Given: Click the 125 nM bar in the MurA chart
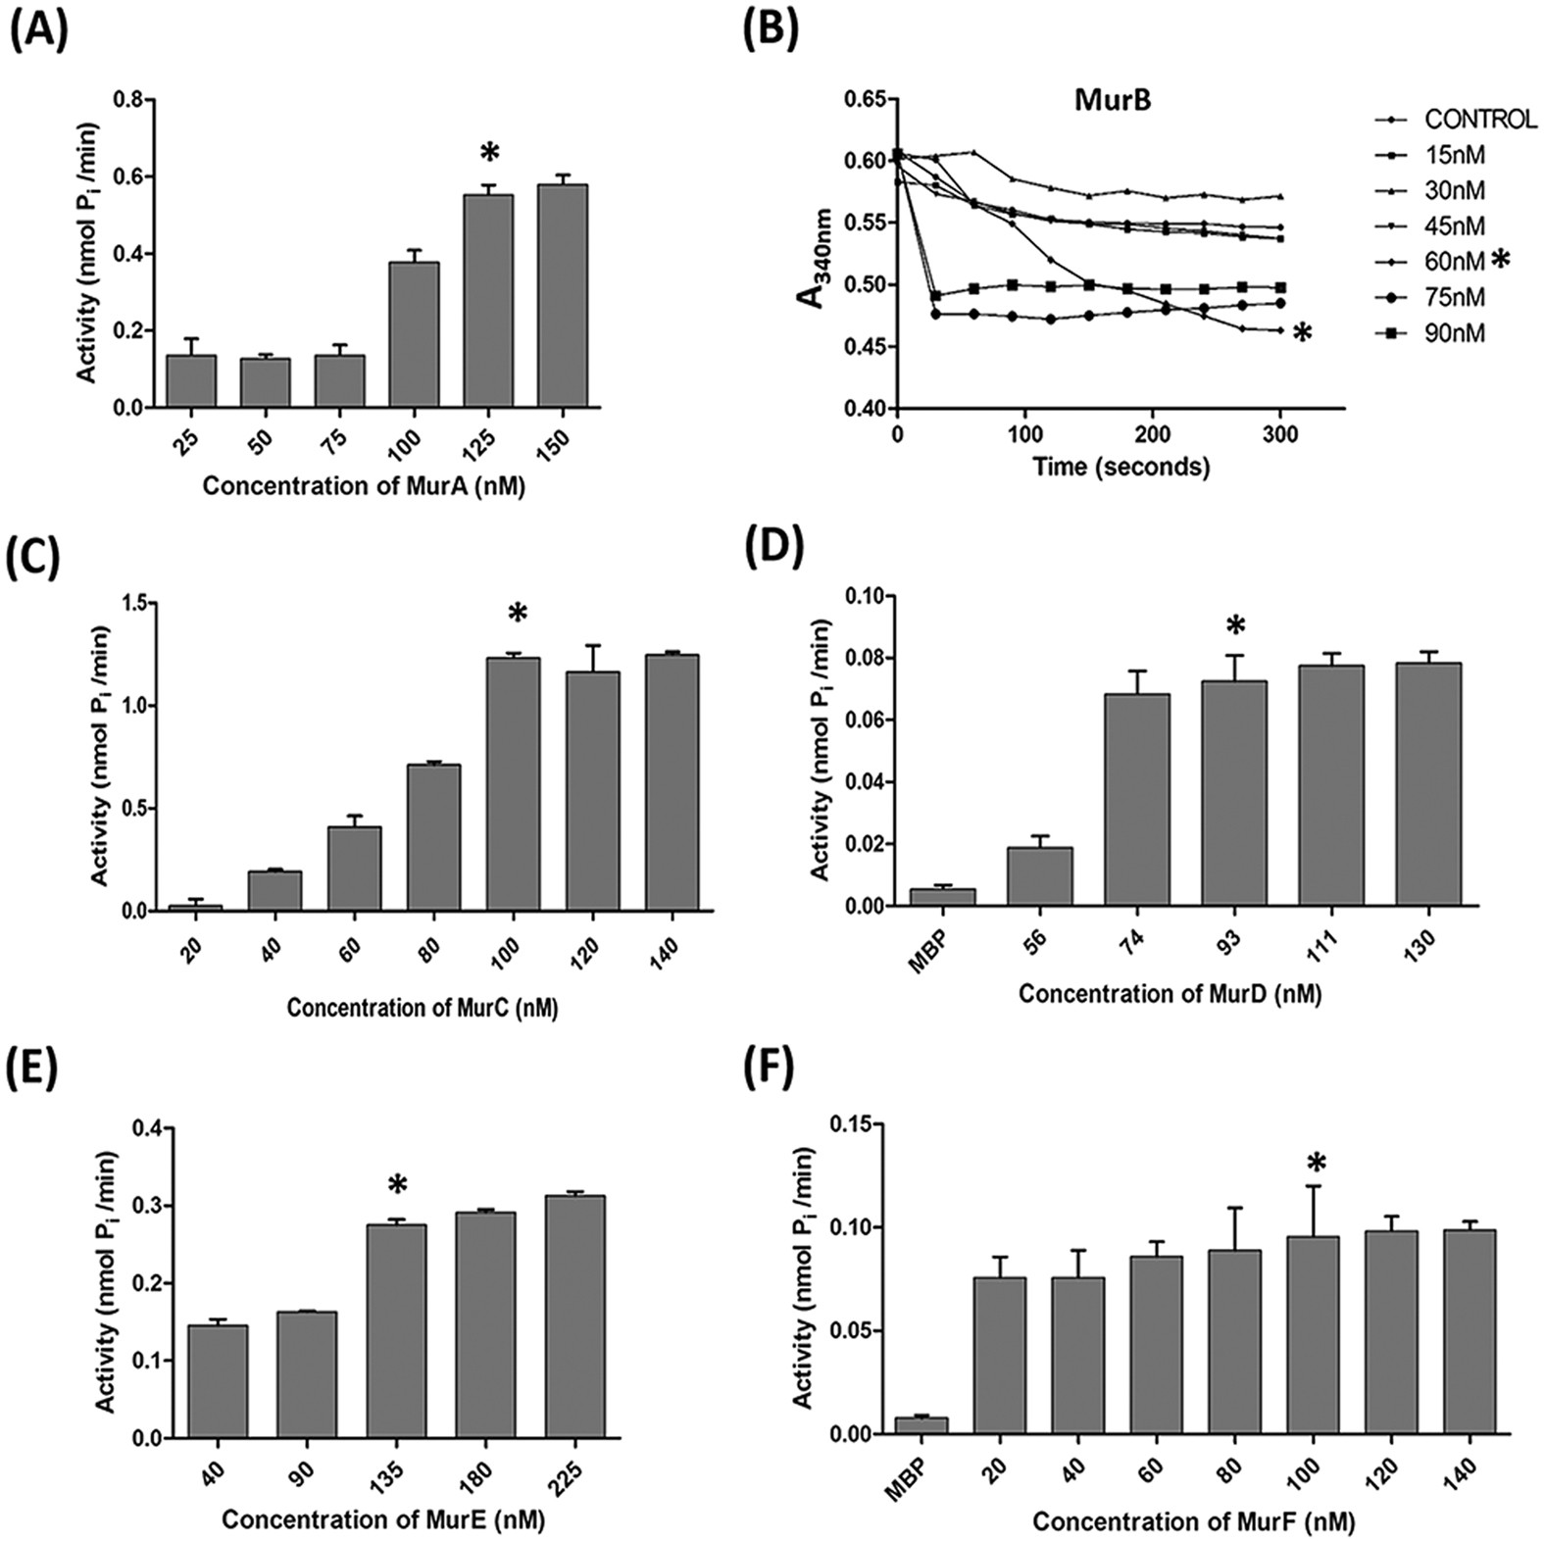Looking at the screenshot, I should (x=488, y=300).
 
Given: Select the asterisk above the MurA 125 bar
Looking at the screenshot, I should (x=488, y=153).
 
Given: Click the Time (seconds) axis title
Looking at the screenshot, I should (x=1121, y=466).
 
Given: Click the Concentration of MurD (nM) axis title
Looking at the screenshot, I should (x=1169, y=994).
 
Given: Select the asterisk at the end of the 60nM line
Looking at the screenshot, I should (x=1302, y=334).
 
